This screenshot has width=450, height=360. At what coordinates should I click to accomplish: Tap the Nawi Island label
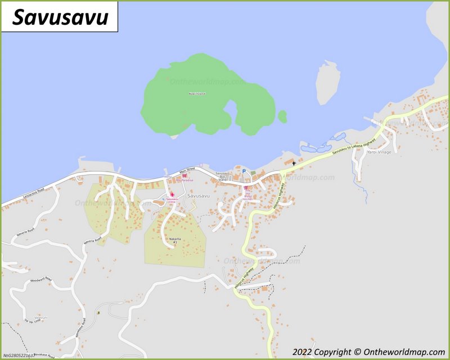click(197, 93)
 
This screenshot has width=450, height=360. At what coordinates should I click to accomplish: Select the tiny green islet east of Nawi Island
click(282, 116)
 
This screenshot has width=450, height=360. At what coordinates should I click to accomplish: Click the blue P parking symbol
click(244, 171)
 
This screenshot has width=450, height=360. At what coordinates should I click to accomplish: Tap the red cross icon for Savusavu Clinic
click(172, 195)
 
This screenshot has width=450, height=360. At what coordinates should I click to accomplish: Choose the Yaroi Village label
click(379, 152)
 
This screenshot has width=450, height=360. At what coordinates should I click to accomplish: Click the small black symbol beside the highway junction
click(293, 163)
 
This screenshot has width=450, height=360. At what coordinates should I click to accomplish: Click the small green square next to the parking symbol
click(253, 172)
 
